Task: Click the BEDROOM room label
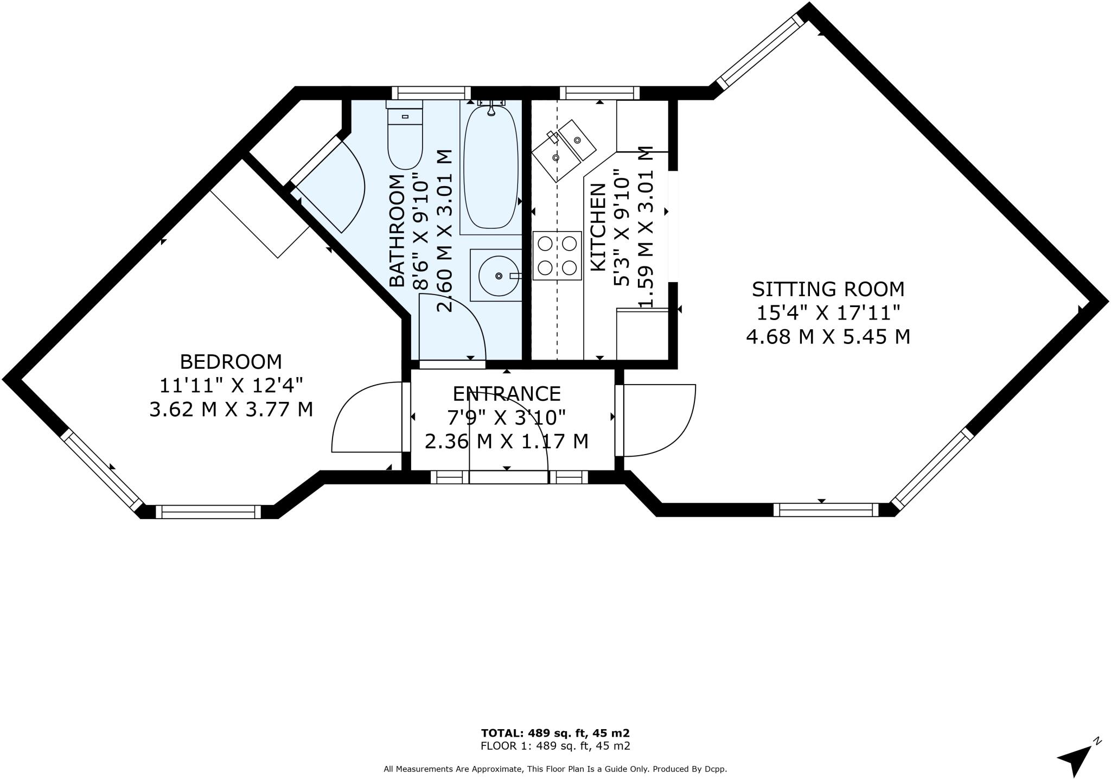(x=231, y=361)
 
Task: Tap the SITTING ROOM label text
(x=828, y=289)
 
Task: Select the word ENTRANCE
(x=507, y=393)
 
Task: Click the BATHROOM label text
(x=398, y=230)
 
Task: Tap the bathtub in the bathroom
(x=490, y=167)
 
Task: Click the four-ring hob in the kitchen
(x=557, y=256)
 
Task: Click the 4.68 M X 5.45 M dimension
(x=828, y=337)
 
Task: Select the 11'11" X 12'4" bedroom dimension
(x=231, y=385)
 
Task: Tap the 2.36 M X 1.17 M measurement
(x=507, y=441)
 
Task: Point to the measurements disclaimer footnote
(x=555, y=769)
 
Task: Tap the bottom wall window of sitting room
(x=826, y=510)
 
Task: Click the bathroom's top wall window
(x=431, y=93)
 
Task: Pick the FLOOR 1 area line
(x=555, y=746)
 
